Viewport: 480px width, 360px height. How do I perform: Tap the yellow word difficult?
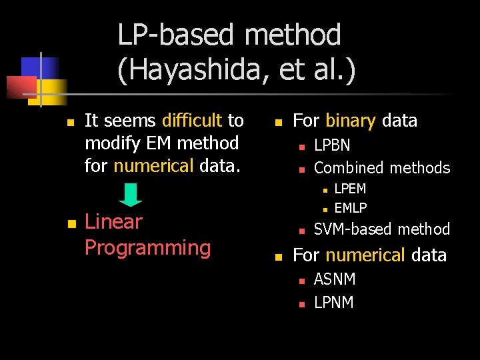click(x=192, y=121)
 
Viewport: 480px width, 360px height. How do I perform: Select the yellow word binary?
click(x=350, y=121)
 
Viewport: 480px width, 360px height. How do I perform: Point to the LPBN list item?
click(x=332, y=145)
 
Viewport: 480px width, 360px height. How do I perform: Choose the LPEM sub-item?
click(x=350, y=189)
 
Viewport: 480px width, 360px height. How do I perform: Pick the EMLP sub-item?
click(x=351, y=207)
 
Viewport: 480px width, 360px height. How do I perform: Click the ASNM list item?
click(x=335, y=279)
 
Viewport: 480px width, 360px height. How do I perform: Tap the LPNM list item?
click(x=334, y=302)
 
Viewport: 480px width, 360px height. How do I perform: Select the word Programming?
click(x=147, y=248)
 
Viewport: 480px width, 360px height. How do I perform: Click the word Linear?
click(x=114, y=221)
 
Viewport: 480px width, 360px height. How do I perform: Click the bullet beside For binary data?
click(x=279, y=123)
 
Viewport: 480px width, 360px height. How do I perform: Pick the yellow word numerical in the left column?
click(x=154, y=165)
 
